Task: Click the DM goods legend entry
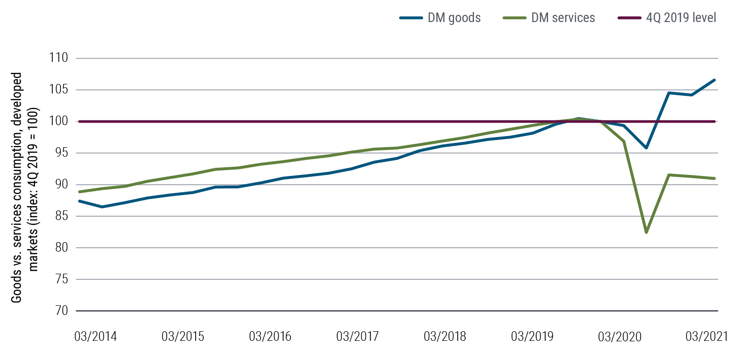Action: (x=440, y=18)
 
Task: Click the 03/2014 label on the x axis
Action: (x=96, y=336)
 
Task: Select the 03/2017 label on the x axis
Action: (x=358, y=336)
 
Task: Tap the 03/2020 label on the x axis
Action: (x=619, y=336)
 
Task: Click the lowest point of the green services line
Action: (x=646, y=232)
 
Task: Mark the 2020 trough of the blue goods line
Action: (x=646, y=148)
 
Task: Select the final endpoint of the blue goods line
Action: (x=714, y=80)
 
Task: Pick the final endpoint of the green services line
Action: (x=714, y=178)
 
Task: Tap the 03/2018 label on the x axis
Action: (x=445, y=336)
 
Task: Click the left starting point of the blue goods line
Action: (x=79, y=201)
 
